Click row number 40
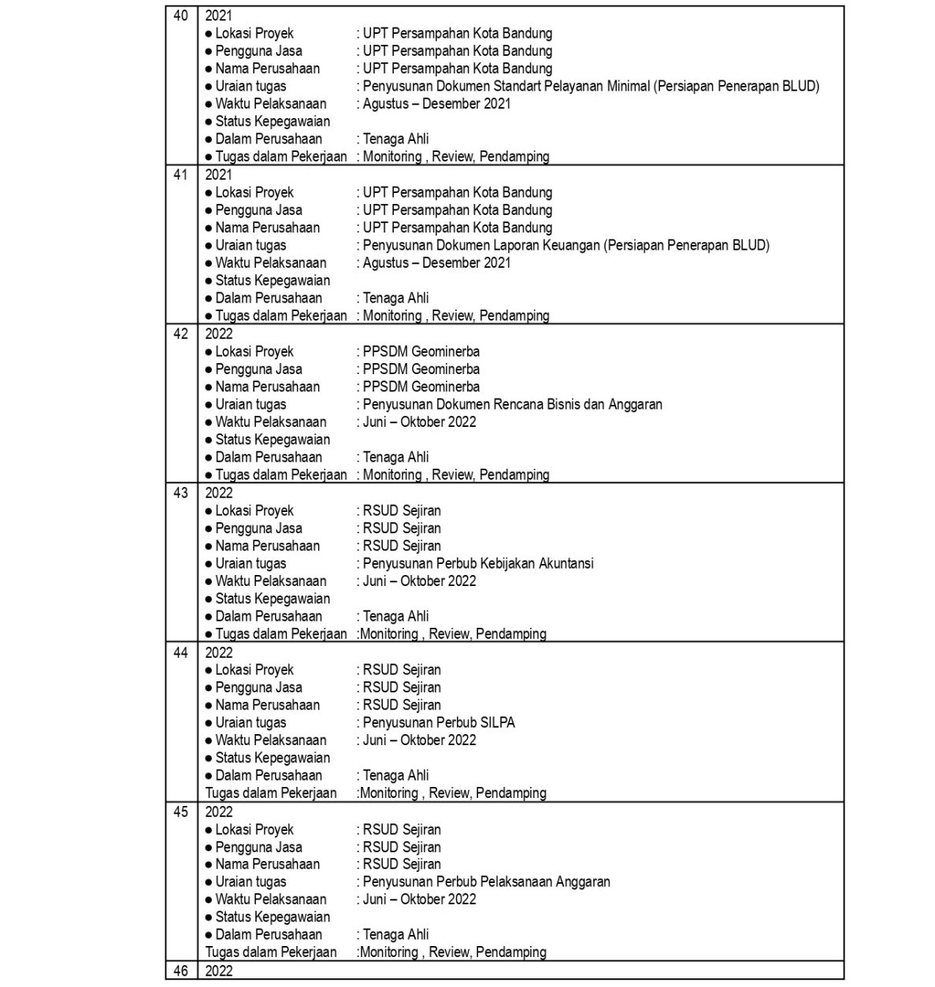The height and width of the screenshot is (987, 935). pyautogui.click(x=180, y=16)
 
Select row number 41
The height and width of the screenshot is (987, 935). pyautogui.click(x=180, y=175)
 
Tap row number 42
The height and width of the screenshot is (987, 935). pyautogui.click(x=180, y=334)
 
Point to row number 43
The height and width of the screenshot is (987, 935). pyautogui.click(x=180, y=493)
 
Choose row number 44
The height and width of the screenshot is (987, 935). pyautogui.click(x=180, y=652)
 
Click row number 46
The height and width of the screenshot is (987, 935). pyautogui.click(x=180, y=971)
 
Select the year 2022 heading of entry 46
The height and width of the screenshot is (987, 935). pyautogui.click(x=219, y=971)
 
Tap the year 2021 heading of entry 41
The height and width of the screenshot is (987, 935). pyautogui.click(x=219, y=175)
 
